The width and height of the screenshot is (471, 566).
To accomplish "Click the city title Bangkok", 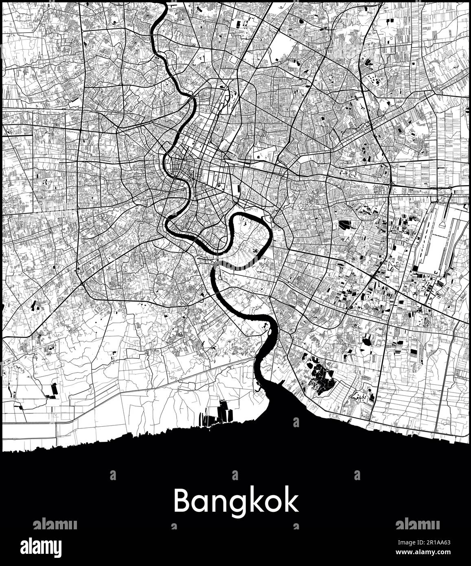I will click(x=236, y=501).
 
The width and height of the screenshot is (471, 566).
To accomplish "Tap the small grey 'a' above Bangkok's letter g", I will click(x=234, y=475).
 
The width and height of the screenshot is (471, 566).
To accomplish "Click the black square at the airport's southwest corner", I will click(x=415, y=268).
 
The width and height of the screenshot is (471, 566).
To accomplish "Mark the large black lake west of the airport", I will click(x=344, y=225).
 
